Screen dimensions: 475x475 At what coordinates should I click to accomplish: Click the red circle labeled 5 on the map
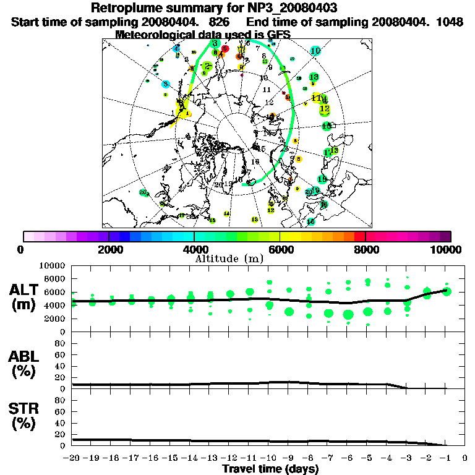[225, 48]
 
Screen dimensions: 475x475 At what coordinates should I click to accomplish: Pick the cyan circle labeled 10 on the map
[315, 51]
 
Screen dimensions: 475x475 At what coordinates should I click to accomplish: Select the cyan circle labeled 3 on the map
[166, 83]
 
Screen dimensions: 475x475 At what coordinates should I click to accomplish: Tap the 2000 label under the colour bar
[109, 250]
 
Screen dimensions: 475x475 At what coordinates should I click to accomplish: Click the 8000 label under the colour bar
[366, 250]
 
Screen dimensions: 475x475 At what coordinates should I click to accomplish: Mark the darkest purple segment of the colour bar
[445, 236]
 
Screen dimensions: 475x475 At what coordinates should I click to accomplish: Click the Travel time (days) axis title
[270, 469]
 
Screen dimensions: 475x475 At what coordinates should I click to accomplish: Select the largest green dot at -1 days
[447, 291]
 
